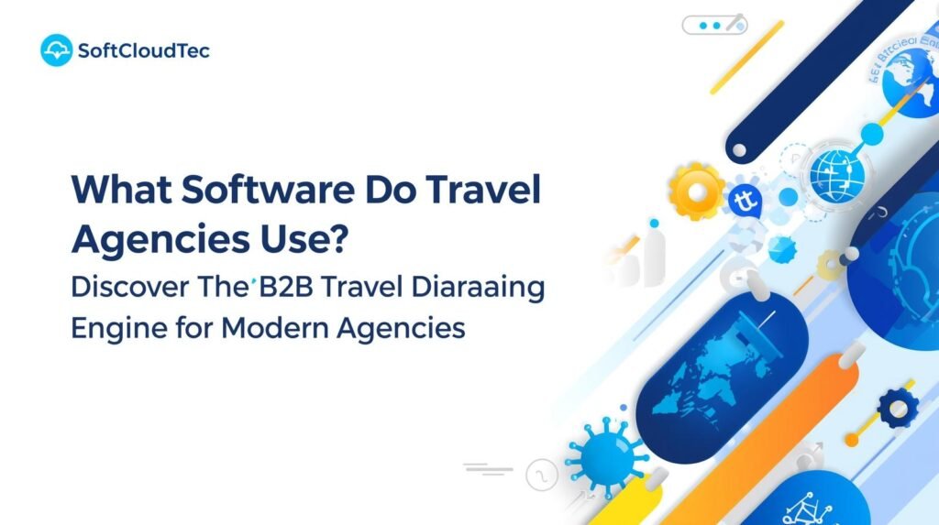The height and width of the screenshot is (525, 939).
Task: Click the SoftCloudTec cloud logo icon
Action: pos(57,50)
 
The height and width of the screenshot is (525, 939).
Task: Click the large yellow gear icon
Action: pos(697,190)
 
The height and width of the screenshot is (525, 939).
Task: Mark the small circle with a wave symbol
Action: pos(541,475)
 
